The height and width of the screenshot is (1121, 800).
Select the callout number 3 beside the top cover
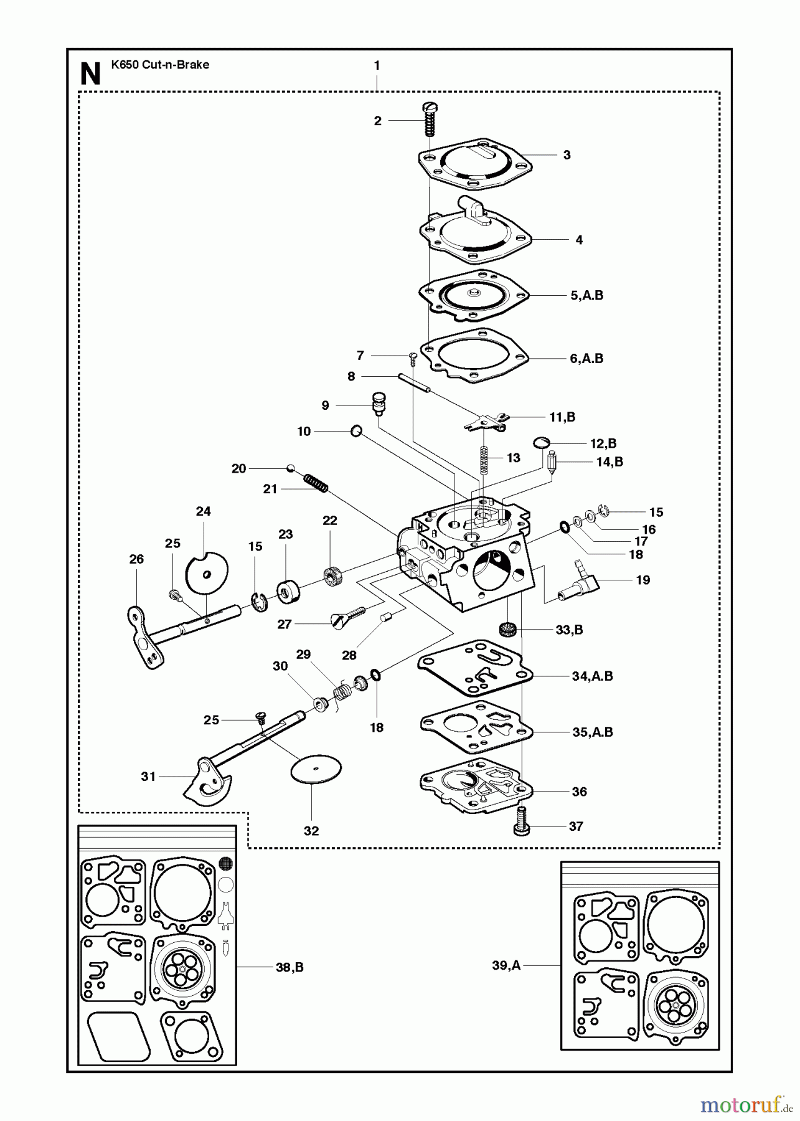(x=567, y=155)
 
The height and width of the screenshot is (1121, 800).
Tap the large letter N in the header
(x=91, y=75)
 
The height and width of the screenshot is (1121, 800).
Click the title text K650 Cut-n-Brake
(x=160, y=65)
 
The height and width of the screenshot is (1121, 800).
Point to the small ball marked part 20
(x=290, y=468)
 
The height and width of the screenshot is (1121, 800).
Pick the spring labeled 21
(x=316, y=483)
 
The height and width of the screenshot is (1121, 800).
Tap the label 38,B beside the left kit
(x=289, y=967)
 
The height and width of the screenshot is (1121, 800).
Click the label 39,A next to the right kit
(x=506, y=965)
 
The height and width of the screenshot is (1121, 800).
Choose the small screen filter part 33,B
(x=510, y=628)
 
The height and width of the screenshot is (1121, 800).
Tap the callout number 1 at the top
(x=377, y=65)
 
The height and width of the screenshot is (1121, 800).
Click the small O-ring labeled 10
(x=356, y=430)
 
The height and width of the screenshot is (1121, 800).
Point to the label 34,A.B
(x=592, y=676)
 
